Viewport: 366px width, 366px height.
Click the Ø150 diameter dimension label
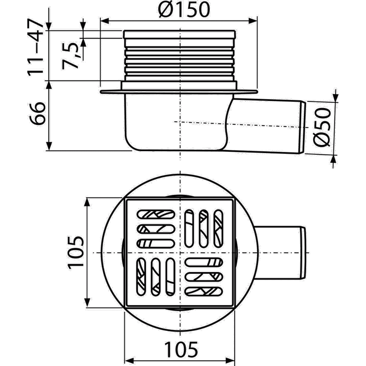coord(184,10)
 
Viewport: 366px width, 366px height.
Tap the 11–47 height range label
coord(35,48)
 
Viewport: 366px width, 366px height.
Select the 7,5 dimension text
coord(71,56)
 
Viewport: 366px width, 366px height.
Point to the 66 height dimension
coord(37,113)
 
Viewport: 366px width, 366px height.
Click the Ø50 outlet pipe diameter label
coord(321,127)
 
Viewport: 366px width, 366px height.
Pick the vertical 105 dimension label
coord(75,253)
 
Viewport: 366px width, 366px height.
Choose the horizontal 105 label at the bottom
coord(181,349)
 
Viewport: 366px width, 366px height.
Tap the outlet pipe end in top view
coord(303,253)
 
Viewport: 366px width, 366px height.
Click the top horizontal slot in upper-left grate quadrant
coord(156,214)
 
